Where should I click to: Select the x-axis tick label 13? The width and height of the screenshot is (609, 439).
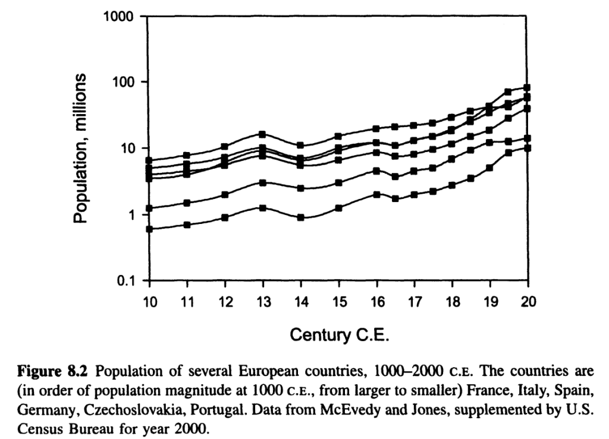pyautogui.click(x=263, y=302)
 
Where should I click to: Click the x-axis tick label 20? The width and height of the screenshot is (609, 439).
pyautogui.click(x=528, y=302)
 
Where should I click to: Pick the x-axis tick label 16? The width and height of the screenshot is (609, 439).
pyautogui.click(x=376, y=302)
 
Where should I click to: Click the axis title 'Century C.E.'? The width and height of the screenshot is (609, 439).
pyautogui.click(x=339, y=336)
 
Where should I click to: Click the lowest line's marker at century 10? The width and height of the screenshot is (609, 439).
pyautogui.click(x=149, y=229)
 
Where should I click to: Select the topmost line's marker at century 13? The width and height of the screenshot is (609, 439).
pyautogui.click(x=263, y=134)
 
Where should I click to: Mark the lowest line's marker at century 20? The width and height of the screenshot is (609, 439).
pyautogui.click(x=528, y=148)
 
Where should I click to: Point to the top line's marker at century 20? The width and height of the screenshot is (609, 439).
pyautogui.click(x=528, y=88)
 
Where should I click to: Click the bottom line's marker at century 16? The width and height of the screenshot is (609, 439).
pyautogui.click(x=376, y=194)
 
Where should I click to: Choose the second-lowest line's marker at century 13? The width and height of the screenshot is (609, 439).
pyautogui.click(x=263, y=183)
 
